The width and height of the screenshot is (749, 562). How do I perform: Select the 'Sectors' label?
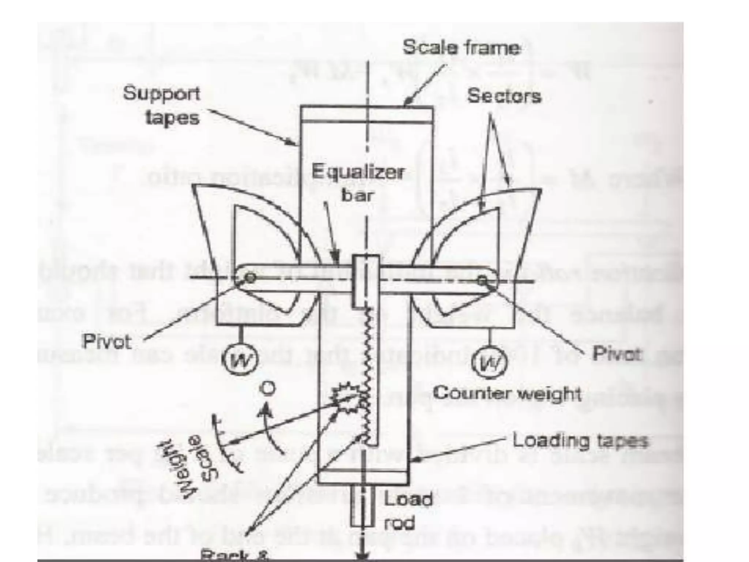(x=504, y=96)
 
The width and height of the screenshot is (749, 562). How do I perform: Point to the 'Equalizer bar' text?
(x=358, y=183)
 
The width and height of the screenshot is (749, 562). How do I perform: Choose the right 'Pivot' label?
(x=617, y=354)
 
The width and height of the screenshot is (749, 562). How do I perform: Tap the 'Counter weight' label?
(x=507, y=394)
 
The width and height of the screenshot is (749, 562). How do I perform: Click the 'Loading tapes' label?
(x=580, y=441)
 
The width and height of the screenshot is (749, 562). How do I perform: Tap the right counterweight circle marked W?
(x=489, y=362)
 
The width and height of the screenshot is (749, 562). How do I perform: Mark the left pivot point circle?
(x=251, y=278)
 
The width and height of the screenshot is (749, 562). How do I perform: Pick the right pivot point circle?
(x=483, y=281)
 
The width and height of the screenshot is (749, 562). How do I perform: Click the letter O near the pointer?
(x=268, y=389)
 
